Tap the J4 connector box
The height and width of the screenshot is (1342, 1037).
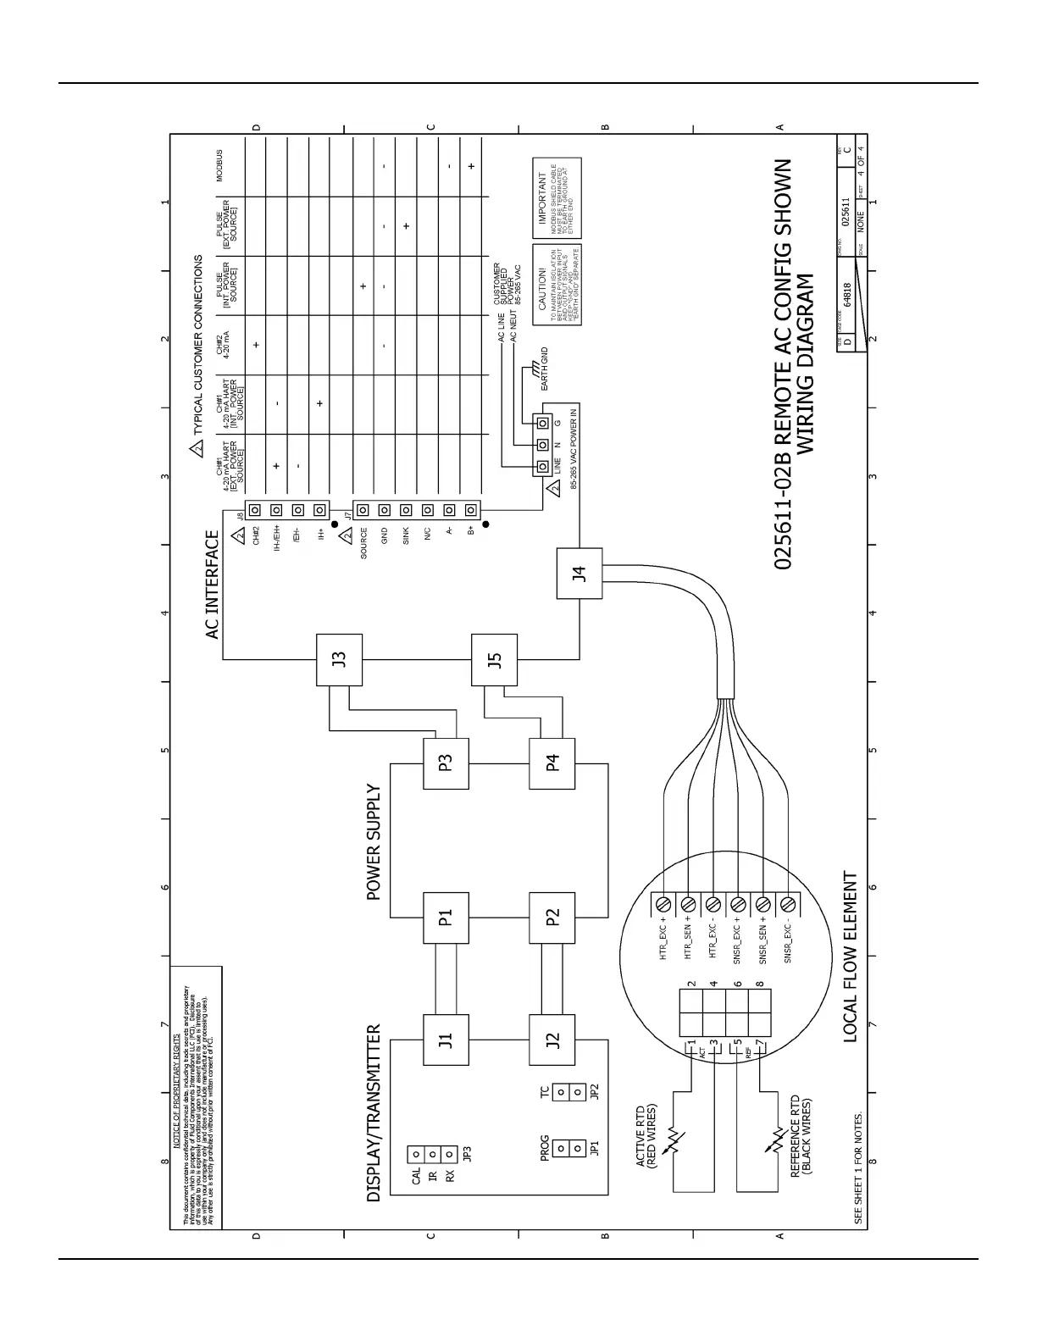[x=579, y=574]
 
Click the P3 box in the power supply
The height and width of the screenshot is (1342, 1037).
[x=446, y=762]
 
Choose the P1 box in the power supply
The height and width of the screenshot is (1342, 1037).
[x=446, y=918]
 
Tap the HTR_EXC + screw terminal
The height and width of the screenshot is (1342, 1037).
[x=663, y=903]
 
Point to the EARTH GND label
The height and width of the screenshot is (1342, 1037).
[x=545, y=369]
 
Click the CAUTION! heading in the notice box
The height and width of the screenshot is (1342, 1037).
[x=543, y=286]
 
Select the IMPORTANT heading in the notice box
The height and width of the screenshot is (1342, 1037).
[x=543, y=198]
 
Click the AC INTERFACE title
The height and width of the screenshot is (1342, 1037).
[x=212, y=585]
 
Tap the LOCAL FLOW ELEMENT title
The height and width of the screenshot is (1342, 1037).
[x=851, y=957]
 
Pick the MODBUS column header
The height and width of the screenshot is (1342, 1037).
[x=219, y=166]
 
